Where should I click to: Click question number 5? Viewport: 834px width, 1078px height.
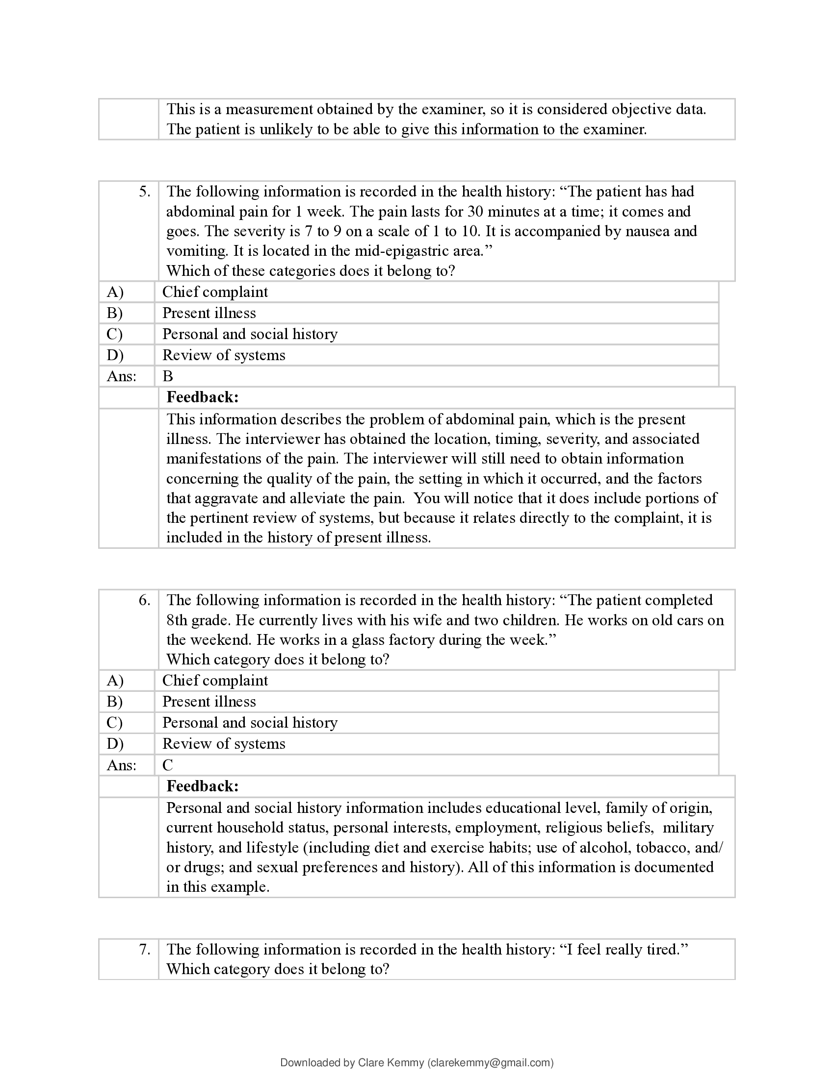(144, 192)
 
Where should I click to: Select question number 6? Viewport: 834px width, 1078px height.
(144, 600)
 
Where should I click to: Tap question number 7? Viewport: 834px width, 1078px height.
(144, 949)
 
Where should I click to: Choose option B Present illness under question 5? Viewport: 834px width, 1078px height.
(209, 313)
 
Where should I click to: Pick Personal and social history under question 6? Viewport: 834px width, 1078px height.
(250, 723)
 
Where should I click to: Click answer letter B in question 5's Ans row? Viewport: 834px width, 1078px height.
(168, 377)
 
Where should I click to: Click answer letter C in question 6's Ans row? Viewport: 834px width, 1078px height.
(168, 765)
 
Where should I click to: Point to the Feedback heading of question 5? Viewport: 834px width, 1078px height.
(203, 397)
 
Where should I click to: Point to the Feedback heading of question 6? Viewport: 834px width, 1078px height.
(203, 786)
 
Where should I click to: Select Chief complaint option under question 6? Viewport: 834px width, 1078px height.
(215, 681)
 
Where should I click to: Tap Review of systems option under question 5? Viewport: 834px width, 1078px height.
(224, 355)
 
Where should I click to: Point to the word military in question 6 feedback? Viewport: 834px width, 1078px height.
(688, 828)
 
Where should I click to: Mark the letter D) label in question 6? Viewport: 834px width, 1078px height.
(115, 744)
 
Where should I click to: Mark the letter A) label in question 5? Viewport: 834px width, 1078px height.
(115, 292)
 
